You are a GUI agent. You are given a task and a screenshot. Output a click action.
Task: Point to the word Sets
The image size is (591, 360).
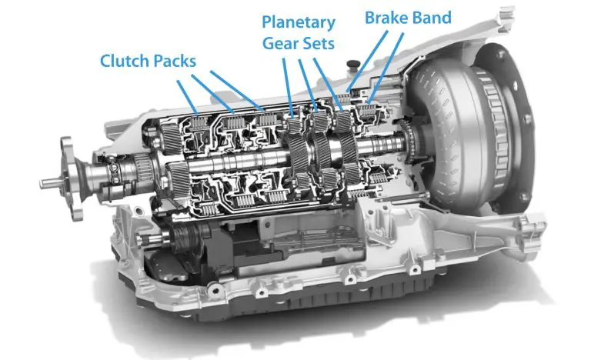click(319, 43)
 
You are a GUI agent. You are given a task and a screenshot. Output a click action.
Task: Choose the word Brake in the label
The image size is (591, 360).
click(384, 16)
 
